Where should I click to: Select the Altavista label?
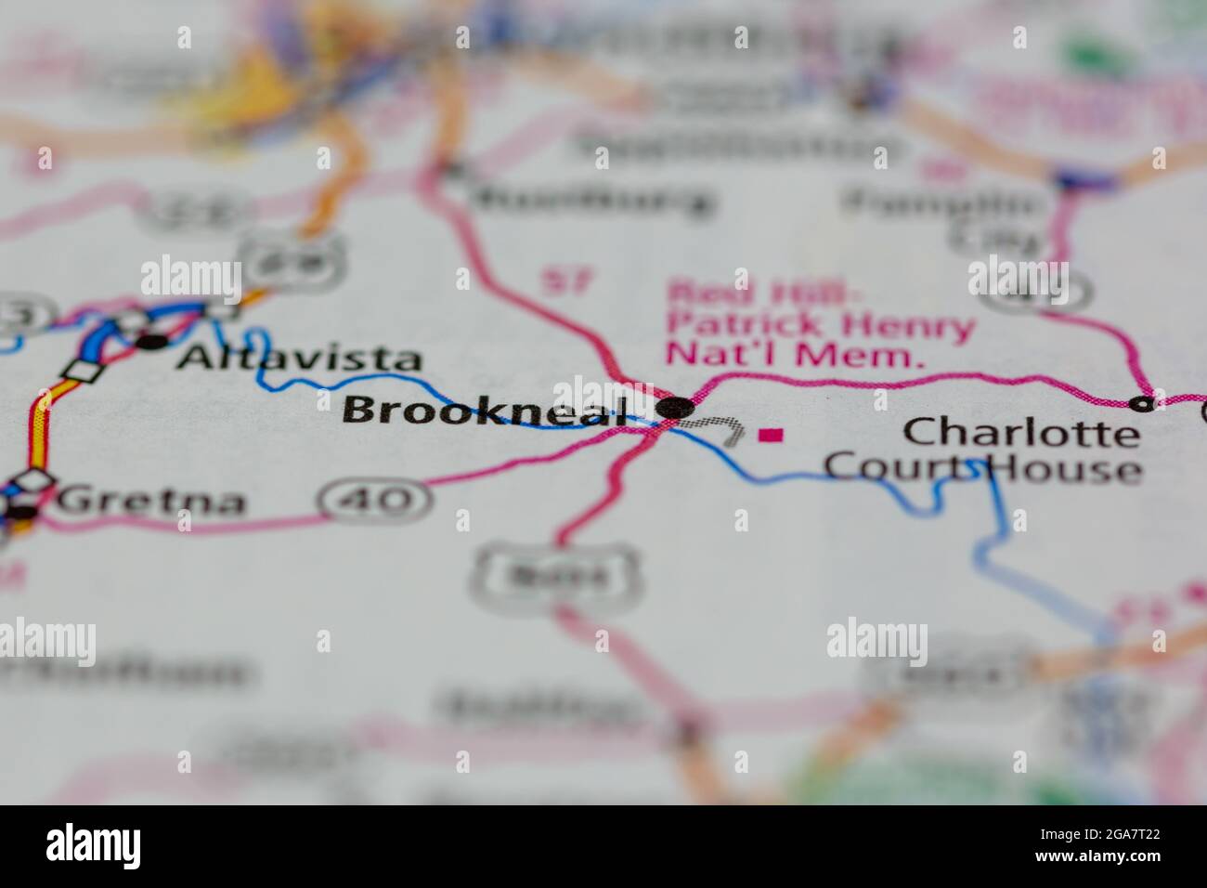pyautogui.click(x=299, y=358)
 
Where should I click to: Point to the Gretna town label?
pyautogui.click(x=151, y=502)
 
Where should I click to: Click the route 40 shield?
pyautogui.click(x=376, y=500)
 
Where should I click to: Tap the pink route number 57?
pyautogui.click(x=565, y=280)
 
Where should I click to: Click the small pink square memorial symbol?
pyautogui.click(x=771, y=434)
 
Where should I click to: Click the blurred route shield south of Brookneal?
pyautogui.click(x=555, y=576)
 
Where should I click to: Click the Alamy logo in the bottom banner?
pyautogui.click(x=94, y=846)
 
